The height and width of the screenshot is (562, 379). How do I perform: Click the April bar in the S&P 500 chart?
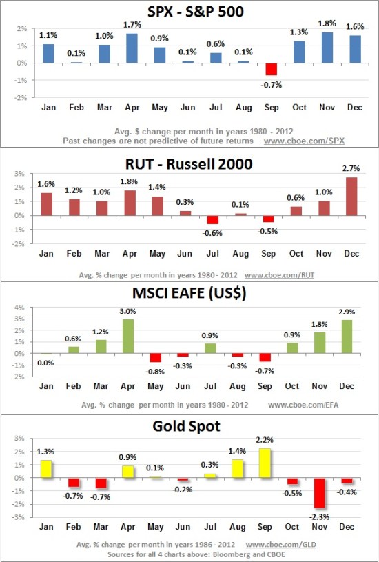pos(132,48)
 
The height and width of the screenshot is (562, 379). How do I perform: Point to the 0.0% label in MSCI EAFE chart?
pos(45,363)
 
